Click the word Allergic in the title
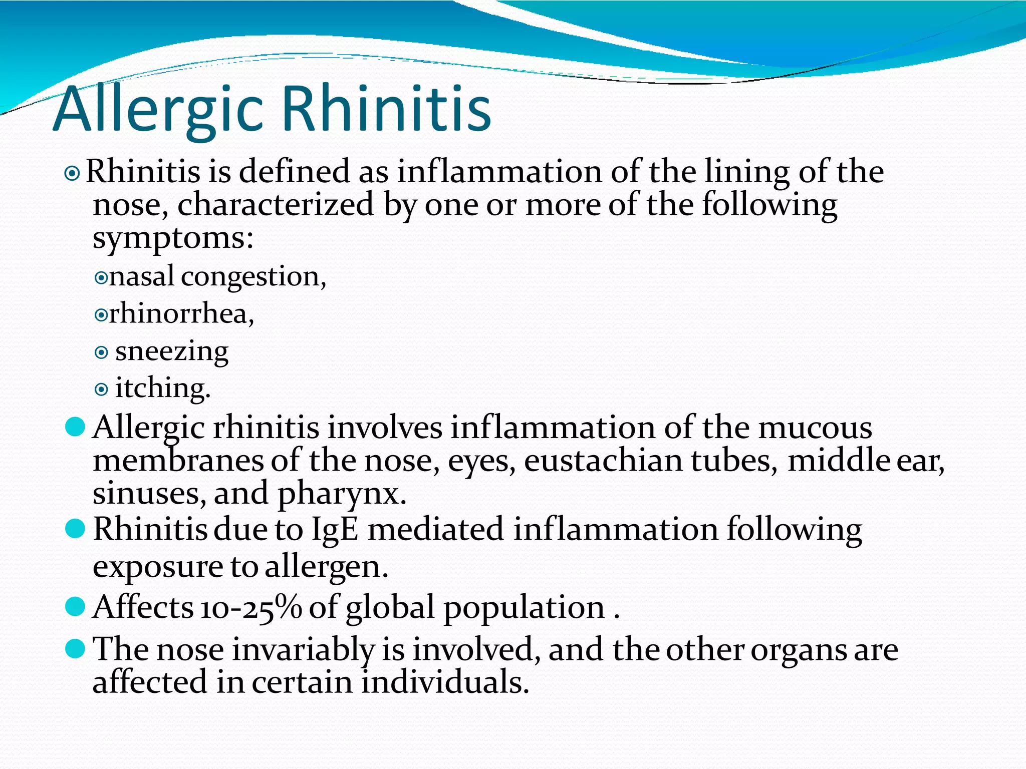158,109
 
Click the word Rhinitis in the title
387,109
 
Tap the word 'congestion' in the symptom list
252,277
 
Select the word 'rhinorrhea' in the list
180,314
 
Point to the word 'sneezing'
172,351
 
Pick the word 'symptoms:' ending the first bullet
173,239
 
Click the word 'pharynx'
341,494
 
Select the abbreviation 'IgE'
335,530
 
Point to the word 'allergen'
326,567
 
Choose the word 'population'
524,608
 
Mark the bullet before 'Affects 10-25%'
75,607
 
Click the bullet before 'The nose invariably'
75,649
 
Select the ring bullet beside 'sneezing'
101,353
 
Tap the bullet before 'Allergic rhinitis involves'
75,428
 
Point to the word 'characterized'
276,205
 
